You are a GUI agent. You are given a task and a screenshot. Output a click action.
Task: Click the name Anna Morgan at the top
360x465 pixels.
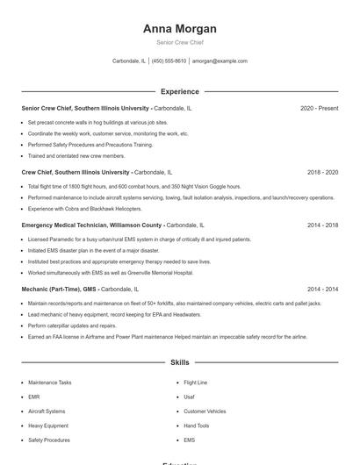pyautogui.click(x=179, y=29)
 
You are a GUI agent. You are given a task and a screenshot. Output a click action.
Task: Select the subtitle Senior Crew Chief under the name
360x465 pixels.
pyautogui.click(x=179, y=42)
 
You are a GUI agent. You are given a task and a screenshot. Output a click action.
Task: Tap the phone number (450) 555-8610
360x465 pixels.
pyautogui.click(x=169, y=61)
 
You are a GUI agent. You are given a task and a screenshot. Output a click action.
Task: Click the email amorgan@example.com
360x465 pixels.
pyautogui.click(x=220, y=61)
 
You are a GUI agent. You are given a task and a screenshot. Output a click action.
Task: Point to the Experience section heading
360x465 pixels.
pyautogui.click(x=179, y=91)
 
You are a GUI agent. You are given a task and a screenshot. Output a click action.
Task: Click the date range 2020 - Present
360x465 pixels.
pyautogui.click(x=319, y=108)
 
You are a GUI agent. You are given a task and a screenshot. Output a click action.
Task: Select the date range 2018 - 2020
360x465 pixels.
pyautogui.click(x=322, y=173)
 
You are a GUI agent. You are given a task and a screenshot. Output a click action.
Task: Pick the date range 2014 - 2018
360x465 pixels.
pyautogui.click(x=322, y=225)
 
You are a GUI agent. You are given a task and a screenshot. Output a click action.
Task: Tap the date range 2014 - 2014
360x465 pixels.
pyautogui.click(x=322, y=289)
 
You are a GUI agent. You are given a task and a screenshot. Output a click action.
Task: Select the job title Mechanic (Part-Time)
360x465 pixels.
pyautogui.click(x=52, y=289)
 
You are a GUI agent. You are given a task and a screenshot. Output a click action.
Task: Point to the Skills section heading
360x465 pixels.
pyautogui.click(x=179, y=361)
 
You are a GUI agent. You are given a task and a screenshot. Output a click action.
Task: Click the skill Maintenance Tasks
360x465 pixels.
pyautogui.click(x=50, y=383)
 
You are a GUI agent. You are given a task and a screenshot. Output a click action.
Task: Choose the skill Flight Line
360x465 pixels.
pyautogui.click(x=195, y=383)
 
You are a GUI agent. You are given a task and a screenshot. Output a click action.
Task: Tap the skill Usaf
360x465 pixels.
pyautogui.click(x=189, y=397)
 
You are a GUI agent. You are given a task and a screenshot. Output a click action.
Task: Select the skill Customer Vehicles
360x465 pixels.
pyautogui.click(x=205, y=411)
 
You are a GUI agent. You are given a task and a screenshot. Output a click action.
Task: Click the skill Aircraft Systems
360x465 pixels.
pyautogui.click(x=47, y=411)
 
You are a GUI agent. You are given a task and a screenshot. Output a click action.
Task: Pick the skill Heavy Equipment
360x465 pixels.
pyautogui.click(x=47, y=426)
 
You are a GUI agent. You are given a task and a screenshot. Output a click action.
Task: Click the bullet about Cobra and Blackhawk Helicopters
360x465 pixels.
pyautogui.click(x=84, y=209)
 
